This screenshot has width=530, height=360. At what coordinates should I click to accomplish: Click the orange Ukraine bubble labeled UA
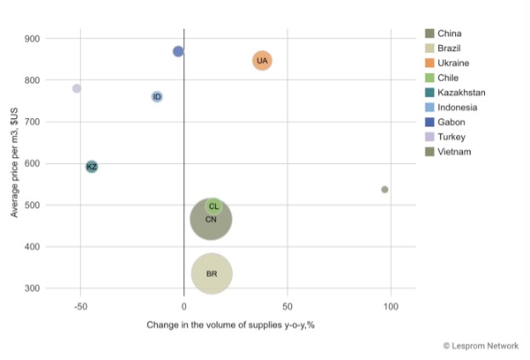(262, 60)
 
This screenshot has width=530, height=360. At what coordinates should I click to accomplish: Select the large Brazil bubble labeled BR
(211, 273)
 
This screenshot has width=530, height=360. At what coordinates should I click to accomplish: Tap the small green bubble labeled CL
(214, 206)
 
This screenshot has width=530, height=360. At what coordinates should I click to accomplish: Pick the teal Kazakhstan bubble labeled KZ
(92, 166)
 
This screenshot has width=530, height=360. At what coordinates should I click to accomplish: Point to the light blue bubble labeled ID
(157, 97)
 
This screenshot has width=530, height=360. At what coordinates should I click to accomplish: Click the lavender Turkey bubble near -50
(76, 88)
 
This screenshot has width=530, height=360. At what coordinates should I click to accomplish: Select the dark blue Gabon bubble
(178, 52)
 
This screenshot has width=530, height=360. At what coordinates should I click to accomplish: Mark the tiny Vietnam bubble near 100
(385, 189)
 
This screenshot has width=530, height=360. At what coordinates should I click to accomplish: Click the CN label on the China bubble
(211, 220)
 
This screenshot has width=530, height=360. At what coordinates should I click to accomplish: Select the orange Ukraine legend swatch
(431, 63)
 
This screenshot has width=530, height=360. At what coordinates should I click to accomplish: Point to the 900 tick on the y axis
(32, 39)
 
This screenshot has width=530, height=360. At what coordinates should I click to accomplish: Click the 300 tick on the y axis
(32, 289)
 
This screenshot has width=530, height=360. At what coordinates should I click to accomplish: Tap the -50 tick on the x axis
(81, 306)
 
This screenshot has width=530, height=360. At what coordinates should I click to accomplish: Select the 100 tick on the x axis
(391, 306)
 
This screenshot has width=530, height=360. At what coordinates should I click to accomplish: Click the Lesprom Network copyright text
(480, 346)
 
